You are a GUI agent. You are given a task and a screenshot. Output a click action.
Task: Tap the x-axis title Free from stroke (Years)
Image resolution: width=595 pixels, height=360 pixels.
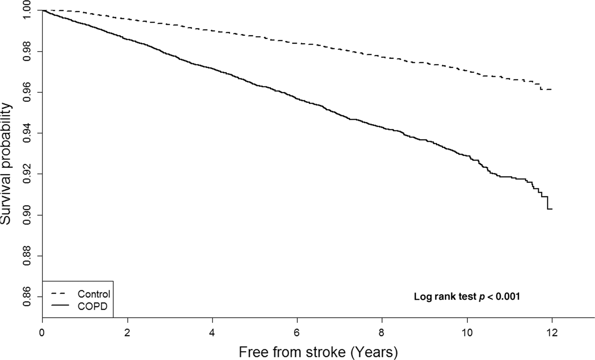(318, 352)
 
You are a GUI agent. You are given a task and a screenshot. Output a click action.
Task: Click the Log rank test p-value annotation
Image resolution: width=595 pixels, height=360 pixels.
(467, 297)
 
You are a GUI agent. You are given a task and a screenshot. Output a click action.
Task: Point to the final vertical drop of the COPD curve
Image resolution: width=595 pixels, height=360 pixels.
(548, 202)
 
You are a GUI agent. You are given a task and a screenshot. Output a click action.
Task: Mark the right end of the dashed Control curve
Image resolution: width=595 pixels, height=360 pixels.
(552, 90)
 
